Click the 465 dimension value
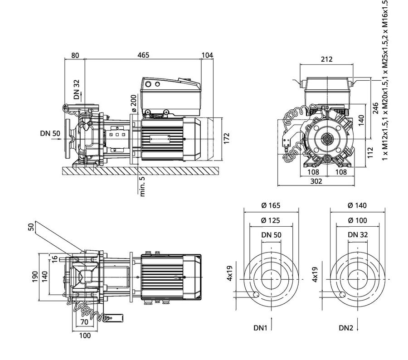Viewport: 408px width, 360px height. (x=143, y=55)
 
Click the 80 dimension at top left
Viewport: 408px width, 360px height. (x=75, y=55)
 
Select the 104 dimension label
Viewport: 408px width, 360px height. (x=207, y=55)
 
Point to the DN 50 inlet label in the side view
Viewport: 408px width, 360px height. (x=50, y=133)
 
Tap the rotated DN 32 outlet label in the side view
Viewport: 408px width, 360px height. (x=77, y=89)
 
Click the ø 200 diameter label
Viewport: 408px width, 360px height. (x=133, y=103)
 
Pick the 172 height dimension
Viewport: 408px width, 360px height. (x=227, y=138)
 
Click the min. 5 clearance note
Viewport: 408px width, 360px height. (x=142, y=186)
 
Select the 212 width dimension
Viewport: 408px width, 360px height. (x=326, y=59)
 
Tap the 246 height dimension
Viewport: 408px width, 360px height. (x=376, y=108)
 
